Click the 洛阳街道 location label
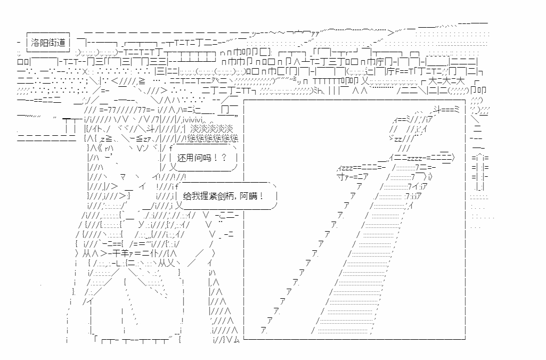(x=48, y=42)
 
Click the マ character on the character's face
(x=123, y=176)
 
